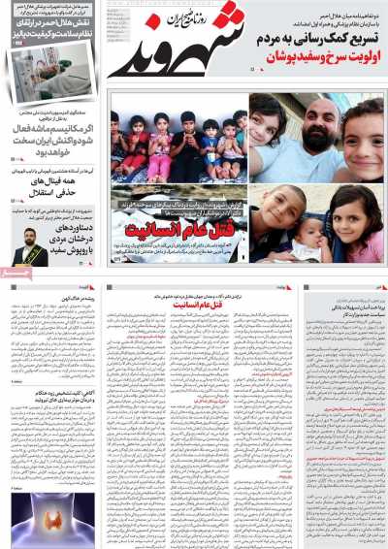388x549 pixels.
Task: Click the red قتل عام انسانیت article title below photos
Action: pyautogui.click(x=199, y=305)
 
